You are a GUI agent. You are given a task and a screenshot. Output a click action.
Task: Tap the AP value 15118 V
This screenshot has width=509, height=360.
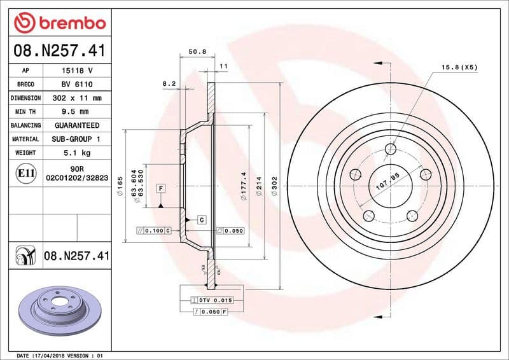click(x=77, y=71)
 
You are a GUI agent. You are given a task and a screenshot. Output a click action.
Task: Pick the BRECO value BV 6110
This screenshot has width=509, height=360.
click(x=77, y=84)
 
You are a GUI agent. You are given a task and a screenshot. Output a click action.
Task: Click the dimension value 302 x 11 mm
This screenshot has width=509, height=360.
click(x=77, y=98)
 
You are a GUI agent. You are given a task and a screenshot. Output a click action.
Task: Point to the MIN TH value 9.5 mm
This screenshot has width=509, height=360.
click(x=77, y=111)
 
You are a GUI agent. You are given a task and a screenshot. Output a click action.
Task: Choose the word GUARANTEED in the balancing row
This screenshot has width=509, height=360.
click(x=77, y=125)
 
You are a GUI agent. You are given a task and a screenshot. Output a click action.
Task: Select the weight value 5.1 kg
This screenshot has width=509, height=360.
click(x=77, y=153)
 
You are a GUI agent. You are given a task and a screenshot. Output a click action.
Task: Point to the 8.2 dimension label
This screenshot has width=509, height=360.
click(x=169, y=83)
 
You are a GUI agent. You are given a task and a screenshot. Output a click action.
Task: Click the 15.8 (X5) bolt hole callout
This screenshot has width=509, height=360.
click(x=459, y=67)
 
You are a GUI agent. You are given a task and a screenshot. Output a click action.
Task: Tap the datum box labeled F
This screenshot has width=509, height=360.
click(x=161, y=189)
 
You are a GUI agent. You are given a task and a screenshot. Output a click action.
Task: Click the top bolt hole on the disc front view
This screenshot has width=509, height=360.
click(x=391, y=149)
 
